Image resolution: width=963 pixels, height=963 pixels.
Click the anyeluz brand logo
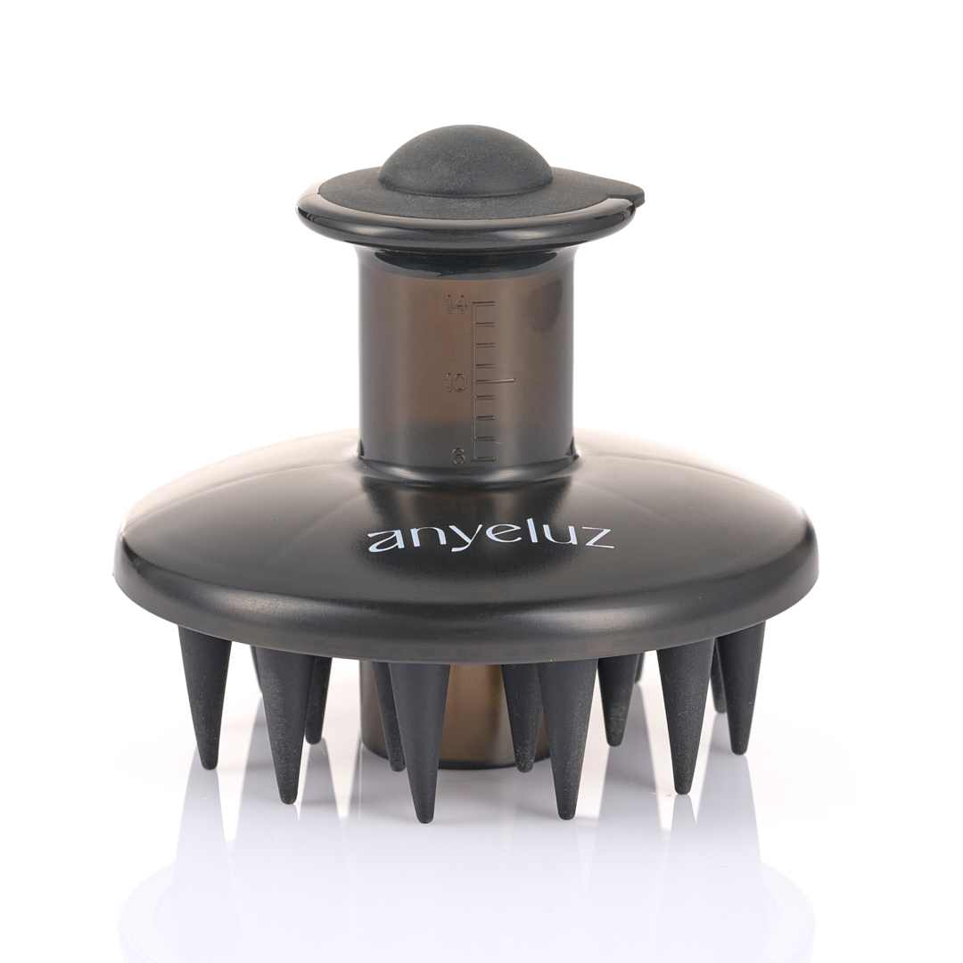490,538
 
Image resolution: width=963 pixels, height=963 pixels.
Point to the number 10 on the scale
457,383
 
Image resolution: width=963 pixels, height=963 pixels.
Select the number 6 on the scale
458,457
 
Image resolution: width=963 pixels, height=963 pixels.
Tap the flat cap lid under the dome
470,206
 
